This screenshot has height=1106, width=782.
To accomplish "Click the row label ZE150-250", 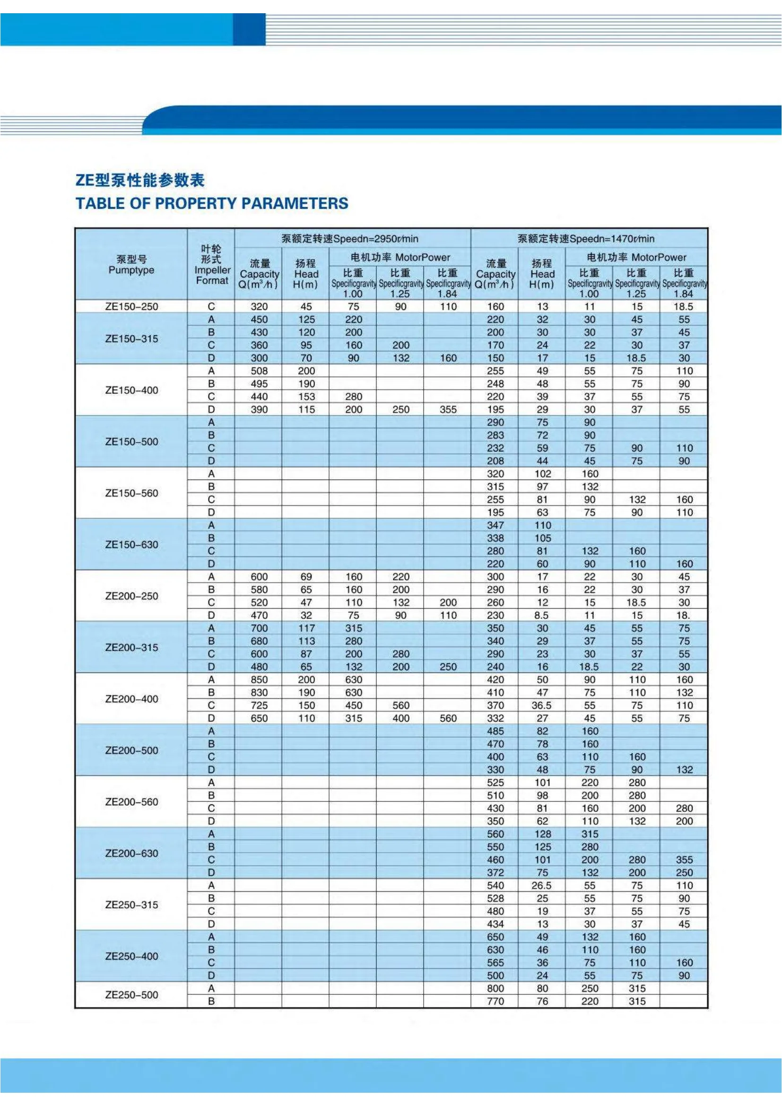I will [x=131, y=306].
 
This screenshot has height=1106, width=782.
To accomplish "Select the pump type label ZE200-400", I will [x=131, y=699].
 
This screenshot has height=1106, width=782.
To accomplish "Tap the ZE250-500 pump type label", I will [x=131, y=995].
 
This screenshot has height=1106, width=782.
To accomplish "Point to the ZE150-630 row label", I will [x=131, y=544].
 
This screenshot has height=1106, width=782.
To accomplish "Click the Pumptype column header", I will [x=131, y=265].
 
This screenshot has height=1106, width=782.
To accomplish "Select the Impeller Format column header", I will [x=211, y=264].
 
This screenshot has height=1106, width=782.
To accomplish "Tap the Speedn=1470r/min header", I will [x=586, y=238].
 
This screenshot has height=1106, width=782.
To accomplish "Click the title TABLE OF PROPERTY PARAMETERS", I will [x=212, y=203].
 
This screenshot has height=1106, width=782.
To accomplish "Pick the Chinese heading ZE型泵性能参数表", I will [x=140, y=180].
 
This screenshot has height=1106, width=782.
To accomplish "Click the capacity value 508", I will [x=259, y=371].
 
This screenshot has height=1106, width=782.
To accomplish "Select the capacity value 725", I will [x=259, y=705].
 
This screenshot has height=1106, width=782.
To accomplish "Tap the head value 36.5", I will [x=542, y=705].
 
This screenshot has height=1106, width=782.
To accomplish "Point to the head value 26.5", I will [x=542, y=885].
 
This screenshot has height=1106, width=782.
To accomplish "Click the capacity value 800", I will [x=495, y=988].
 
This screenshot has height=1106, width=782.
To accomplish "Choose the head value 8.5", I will [x=542, y=615].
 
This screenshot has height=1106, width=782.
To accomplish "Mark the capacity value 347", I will [x=495, y=525].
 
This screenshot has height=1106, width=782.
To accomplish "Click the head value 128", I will [x=542, y=834].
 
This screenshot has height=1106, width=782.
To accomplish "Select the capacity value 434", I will [x=495, y=924].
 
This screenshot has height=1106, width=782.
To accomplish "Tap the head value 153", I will [x=306, y=396].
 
